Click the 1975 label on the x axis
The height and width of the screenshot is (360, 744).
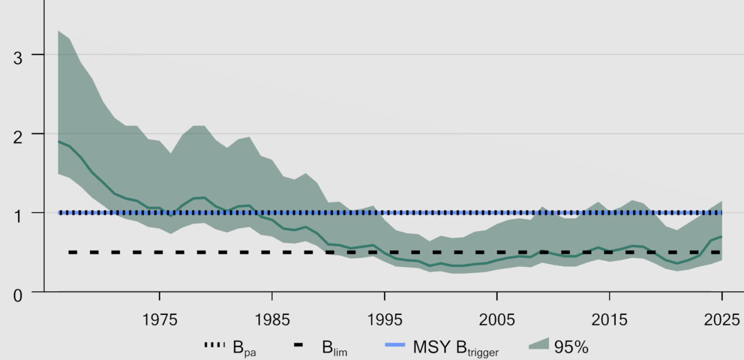pos(160,320)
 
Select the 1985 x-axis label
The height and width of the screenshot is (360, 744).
pos(272,320)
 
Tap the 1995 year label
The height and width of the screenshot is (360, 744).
pos(385,320)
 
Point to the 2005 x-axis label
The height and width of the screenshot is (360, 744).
pos(497,320)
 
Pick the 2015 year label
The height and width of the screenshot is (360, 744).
pos(610,320)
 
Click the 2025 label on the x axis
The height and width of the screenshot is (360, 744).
pos(722,320)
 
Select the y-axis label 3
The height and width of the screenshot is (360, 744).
pos(18,58)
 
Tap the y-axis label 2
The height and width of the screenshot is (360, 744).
pos(18,137)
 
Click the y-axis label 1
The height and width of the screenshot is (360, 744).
pos(18,217)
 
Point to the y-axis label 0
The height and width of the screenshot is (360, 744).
pos(18,296)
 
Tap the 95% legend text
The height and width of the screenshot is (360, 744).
pos(571,347)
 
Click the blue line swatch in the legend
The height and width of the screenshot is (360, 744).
pos(395,345)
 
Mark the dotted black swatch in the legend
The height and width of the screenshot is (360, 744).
pos(214,345)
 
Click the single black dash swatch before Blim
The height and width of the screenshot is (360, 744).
pos(299,345)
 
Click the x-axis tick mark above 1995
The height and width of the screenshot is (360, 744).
pos(385,296)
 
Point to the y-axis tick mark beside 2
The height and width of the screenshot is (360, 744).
pos(38,134)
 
